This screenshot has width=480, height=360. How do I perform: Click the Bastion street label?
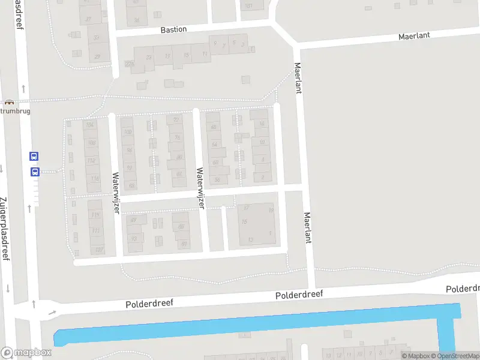coord(173,29)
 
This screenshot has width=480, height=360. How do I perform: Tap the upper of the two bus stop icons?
coord(34,156)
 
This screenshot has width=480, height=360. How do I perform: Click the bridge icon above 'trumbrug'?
coord(9,102)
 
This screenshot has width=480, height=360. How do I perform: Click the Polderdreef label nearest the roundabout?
coord(149,304)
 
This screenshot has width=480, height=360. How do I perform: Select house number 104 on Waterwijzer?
coord(91,125)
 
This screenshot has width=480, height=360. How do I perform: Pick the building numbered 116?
coord(94,179)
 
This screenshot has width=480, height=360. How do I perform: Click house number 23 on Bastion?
coord(149,57)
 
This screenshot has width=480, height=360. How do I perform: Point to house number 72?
coord(176,119)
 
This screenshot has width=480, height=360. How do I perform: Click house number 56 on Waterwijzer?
coord(217,179)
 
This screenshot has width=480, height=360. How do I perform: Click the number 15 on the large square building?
coord(244,222)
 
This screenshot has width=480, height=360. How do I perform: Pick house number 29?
coord(97,57)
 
